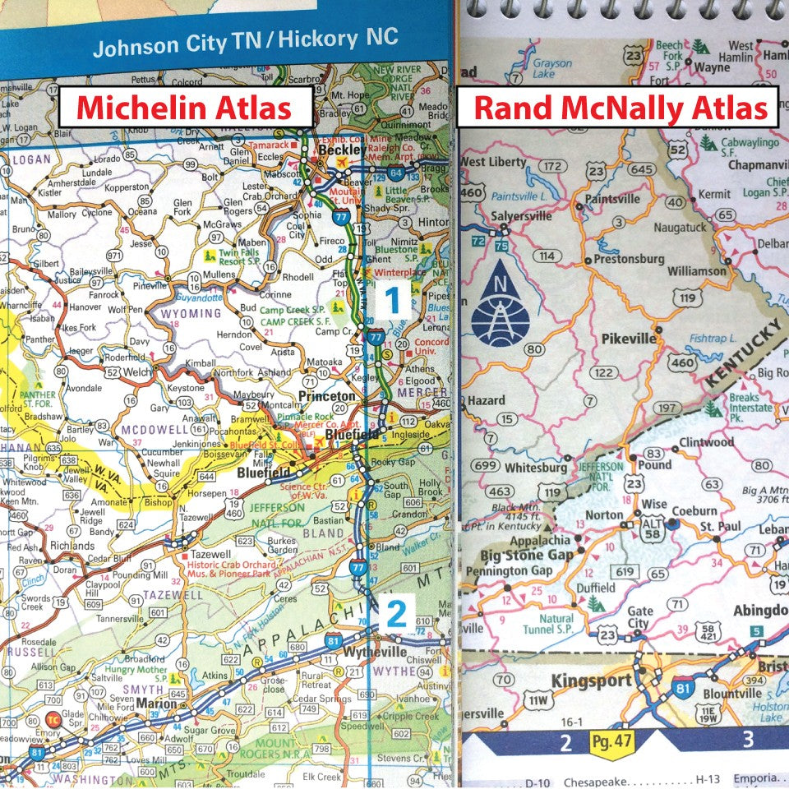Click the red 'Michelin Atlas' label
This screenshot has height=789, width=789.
(185, 108)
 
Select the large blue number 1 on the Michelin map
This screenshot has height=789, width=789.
(393, 301)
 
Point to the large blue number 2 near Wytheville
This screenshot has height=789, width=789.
(395, 614)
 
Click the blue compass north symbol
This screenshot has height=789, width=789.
(501, 303)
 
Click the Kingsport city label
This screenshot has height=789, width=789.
(591, 681)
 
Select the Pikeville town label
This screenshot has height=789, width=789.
(628, 338)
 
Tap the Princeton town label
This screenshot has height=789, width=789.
(326, 395)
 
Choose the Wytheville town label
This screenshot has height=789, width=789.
(376, 652)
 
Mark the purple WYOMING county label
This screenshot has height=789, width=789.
(191, 313)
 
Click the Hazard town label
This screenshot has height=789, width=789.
(486, 400)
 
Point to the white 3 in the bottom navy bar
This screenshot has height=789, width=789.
(747, 739)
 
